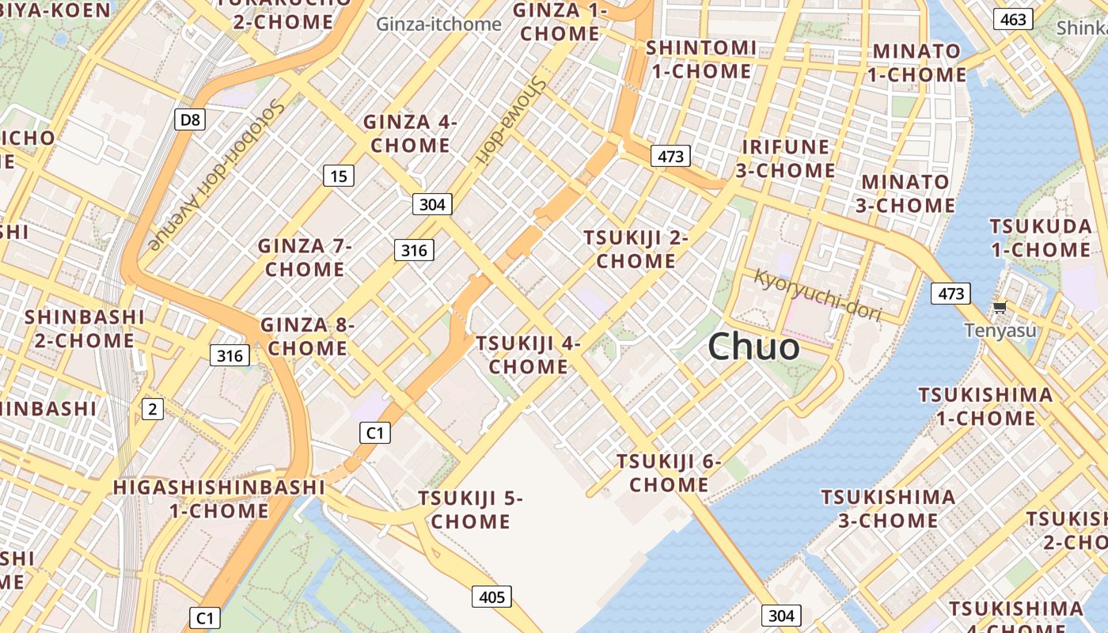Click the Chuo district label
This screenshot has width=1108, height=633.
click(x=753, y=347)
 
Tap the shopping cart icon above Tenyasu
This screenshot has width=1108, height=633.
click(x=1000, y=307)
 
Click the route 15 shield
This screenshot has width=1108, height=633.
click(x=338, y=176)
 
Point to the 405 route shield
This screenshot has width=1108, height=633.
click(x=491, y=597)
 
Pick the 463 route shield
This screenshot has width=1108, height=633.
click(x=1014, y=20)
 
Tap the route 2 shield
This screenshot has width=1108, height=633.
click(x=152, y=409)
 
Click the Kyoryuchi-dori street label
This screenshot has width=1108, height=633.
click(x=817, y=295)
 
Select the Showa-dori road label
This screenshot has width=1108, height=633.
click(x=511, y=120)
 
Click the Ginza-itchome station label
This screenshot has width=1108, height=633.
click(x=438, y=24)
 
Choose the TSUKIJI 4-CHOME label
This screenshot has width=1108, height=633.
click(x=528, y=354)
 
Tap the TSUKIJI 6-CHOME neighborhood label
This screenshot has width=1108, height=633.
click(x=669, y=472)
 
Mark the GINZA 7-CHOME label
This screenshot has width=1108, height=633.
click(x=305, y=257)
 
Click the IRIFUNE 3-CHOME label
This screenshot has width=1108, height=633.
click(x=785, y=158)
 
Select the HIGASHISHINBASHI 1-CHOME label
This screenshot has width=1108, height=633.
click(x=218, y=498)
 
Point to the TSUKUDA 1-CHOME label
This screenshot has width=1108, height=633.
click(x=1040, y=238)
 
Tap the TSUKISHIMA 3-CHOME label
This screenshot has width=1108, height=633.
click(x=888, y=509)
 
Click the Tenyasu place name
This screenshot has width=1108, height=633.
click(x=1000, y=330)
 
